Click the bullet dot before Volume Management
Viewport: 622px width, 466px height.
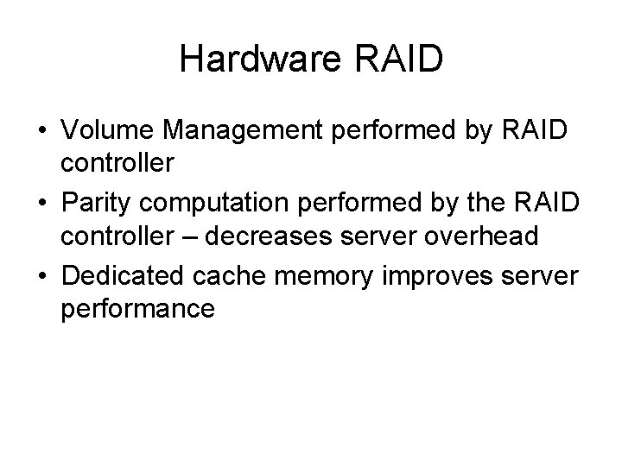pos(41,133)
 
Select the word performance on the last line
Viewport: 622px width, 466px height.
pos(136,308)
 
